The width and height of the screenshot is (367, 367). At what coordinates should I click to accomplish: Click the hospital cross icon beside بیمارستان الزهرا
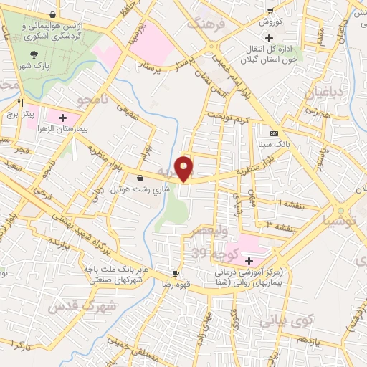63,118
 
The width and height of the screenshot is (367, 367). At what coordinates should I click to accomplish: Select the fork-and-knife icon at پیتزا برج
22,103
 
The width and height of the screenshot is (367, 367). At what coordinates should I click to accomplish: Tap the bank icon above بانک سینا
273,133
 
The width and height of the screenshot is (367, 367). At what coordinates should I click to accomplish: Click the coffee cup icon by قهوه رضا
176,274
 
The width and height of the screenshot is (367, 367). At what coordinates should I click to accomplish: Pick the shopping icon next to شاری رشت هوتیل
138,178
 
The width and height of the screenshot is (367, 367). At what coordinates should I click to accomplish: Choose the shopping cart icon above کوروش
270,10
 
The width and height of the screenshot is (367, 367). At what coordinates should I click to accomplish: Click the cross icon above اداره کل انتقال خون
270,37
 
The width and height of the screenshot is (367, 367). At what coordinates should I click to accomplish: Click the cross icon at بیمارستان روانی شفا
249,261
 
